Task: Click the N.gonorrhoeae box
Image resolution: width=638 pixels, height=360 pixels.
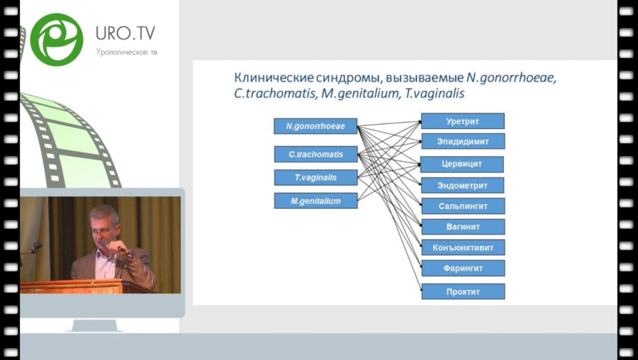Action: [x=315, y=126]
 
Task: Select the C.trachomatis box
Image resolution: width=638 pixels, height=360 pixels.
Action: [x=315, y=154]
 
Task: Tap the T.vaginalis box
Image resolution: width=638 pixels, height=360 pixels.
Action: [x=315, y=177]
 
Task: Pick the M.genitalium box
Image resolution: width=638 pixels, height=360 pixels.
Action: [x=315, y=201]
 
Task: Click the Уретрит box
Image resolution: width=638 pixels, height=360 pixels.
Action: [x=462, y=121]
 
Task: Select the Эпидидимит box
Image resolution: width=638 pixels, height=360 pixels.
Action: [x=462, y=141]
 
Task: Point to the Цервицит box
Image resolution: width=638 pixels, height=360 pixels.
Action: [x=462, y=164]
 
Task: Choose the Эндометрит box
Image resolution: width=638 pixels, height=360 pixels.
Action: [x=462, y=185]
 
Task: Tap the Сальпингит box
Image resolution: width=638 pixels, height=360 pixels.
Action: [x=462, y=206]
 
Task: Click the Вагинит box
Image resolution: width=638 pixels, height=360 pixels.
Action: [x=462, y=227]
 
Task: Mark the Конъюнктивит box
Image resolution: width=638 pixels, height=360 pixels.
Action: [x=462, y=247]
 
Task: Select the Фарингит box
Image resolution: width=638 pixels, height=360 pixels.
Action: [x=462, y=268]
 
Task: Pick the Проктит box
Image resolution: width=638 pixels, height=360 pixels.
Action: [x=462, y=291]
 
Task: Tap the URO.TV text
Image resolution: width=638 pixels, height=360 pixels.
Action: [x=125, y=33]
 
